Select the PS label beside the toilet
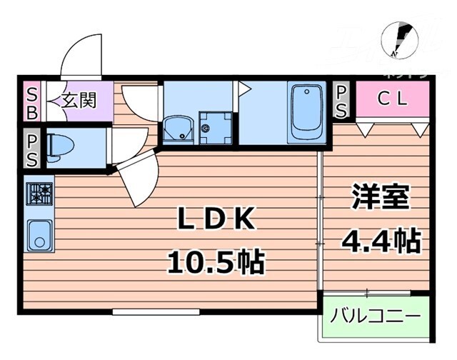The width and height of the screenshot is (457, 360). coord(32,149)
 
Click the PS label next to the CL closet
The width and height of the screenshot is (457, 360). coord(341,101)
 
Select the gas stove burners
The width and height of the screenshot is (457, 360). coord(39,192)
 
